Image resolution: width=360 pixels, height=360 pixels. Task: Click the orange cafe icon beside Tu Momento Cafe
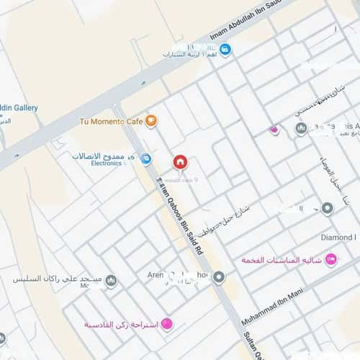[150, 121]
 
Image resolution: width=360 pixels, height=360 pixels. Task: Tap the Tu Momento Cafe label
[111, 121]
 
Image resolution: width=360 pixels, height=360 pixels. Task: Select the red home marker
[180, 161]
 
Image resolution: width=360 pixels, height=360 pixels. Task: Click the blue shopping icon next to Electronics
[145, 158]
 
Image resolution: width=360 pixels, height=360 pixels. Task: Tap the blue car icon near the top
[225, 50]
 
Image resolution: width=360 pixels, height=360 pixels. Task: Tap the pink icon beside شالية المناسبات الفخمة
[330, 259]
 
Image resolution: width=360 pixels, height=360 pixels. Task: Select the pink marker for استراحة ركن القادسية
[167, 325]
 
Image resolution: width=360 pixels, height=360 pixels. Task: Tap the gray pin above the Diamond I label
[328, 209]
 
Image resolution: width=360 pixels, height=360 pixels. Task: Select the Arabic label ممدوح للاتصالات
[104, 154]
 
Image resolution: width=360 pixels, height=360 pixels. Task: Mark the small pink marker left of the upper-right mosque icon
[274, 130]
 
